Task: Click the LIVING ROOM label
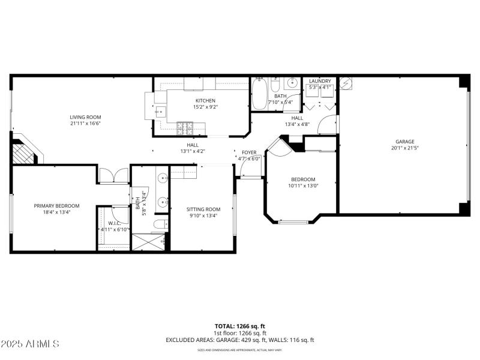pyautogui.click(x=85, y=117)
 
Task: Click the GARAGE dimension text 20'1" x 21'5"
pyautogui.click(x=405, y=148)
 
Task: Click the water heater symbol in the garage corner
pyautogui.click(x=345, y=83)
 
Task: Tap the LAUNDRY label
pyautogui.click(x=320, y=81)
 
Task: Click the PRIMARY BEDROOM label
pyautogui.click(x=56, y=206)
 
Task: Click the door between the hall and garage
pyautogui.click(x=328, y=124)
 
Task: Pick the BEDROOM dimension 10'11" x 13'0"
pyautogui.click(x=303, y=186)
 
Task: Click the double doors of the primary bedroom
pyautogui.click(x=113, y=175)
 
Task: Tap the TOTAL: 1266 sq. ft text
pyautogui.click(x=239, y=326)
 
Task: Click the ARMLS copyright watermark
pyautogui.click(x=30, y=344)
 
